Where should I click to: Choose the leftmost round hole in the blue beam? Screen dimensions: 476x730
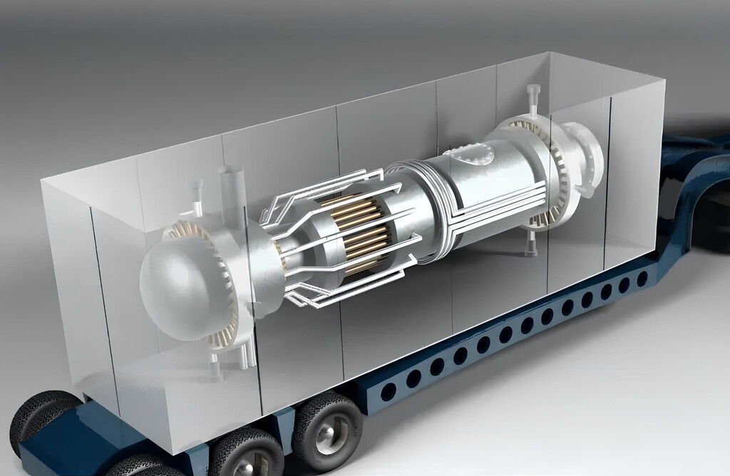(x=389, y=391)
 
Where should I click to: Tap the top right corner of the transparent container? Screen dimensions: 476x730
(x=664, y=81)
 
